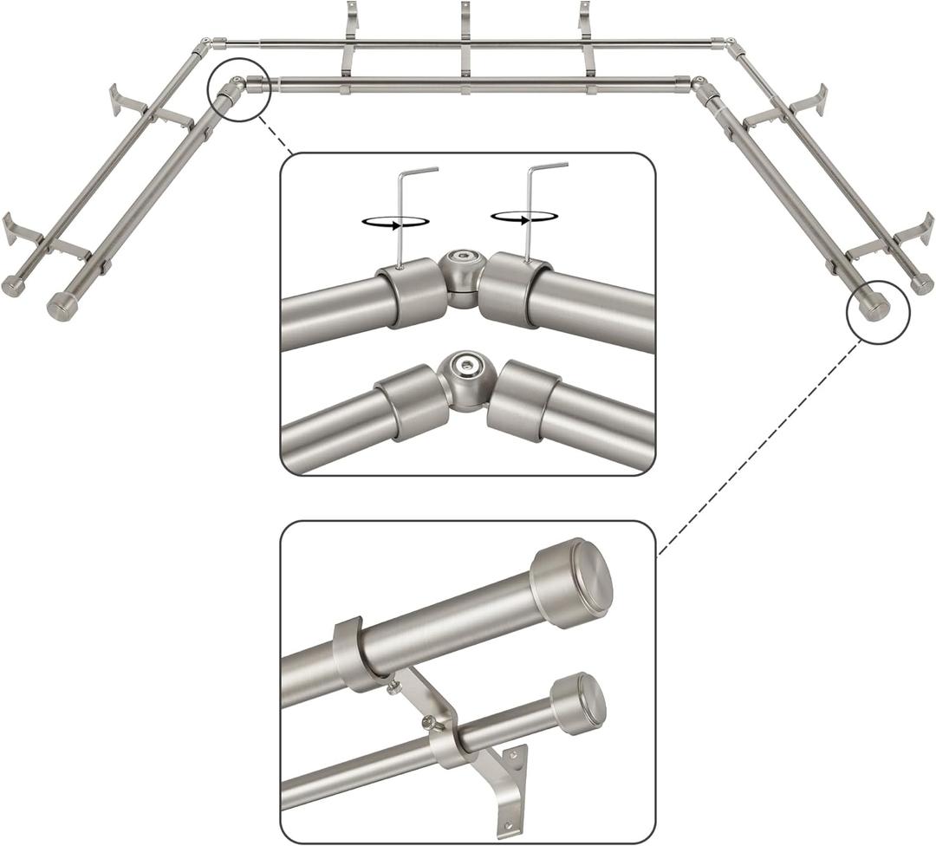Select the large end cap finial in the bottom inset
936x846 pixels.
click(x=571, y=582)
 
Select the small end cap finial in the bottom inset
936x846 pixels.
click(x=578, y=703)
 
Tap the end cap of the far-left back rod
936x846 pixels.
click(x=14, y=287)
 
